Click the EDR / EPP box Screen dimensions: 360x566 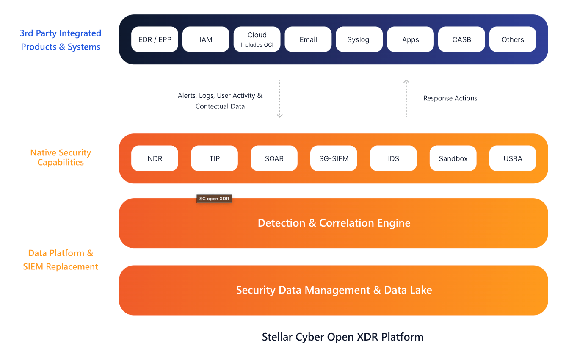pos(155,39)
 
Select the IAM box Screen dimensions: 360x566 pos(206,39)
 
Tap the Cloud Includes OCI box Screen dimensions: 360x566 pos(257,39)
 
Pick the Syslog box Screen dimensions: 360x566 pos(359,39)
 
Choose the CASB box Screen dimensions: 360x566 pos(461,39)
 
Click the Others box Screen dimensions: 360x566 pos(513,39)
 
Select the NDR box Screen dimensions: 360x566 pos(155,158)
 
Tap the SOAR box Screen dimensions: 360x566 pos(274,158)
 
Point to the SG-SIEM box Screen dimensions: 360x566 pos(334,158)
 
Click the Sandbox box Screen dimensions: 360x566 pos(453,158)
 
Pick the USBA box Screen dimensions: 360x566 pos(513,158)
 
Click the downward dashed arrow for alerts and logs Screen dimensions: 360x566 pos(279,98)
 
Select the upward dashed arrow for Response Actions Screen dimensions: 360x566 pos(406,98)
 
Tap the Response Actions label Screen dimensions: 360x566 pos(450,98)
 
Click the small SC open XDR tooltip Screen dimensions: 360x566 pos(214,199)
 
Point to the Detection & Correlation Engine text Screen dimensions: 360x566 pos(334,223)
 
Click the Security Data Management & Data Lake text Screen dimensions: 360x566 pos(334,290)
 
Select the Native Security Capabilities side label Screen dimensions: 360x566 pos(61,158)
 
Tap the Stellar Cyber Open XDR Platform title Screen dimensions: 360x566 pos(342,337)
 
